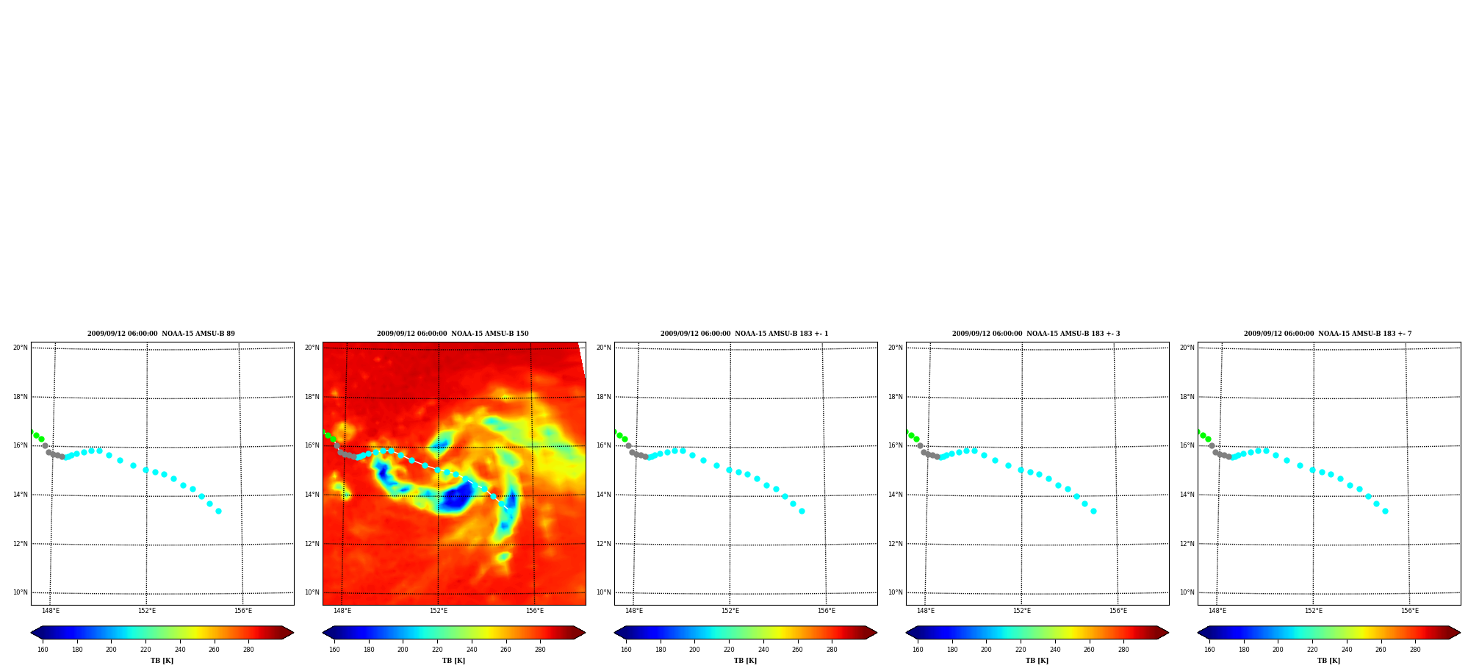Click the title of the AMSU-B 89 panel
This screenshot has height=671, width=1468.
(161, 334)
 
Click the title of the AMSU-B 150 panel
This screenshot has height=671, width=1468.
(453, 334)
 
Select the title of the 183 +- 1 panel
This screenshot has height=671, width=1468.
(744, 334)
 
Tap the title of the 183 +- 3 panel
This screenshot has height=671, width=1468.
(1036, 334)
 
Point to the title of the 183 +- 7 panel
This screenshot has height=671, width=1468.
(1328, 334)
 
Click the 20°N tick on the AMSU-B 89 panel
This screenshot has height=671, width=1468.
(20, 348)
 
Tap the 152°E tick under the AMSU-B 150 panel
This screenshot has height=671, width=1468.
(439, 611)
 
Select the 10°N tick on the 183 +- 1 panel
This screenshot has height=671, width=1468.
(603, 592)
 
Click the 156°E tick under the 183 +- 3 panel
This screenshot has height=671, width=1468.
(1118, 611)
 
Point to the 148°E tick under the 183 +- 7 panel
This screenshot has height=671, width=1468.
(1217, 611)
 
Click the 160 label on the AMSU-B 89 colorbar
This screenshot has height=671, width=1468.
(43, 650)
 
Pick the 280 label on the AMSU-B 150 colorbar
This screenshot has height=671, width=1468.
(540, 650)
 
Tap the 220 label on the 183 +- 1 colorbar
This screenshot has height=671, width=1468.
(729, 650)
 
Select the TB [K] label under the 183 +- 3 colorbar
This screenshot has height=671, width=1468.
(1037, 661)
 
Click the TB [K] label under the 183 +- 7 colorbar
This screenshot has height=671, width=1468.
(1328, 661)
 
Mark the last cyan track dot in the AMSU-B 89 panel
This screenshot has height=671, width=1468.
(218, 511)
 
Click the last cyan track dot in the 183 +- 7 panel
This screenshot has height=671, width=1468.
(1385, 511)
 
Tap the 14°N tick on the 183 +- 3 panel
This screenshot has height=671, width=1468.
(895, 495)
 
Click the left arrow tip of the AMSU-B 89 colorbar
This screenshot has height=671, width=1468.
(31, 633)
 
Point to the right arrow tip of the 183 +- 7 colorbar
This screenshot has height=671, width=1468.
(1460, 633)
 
